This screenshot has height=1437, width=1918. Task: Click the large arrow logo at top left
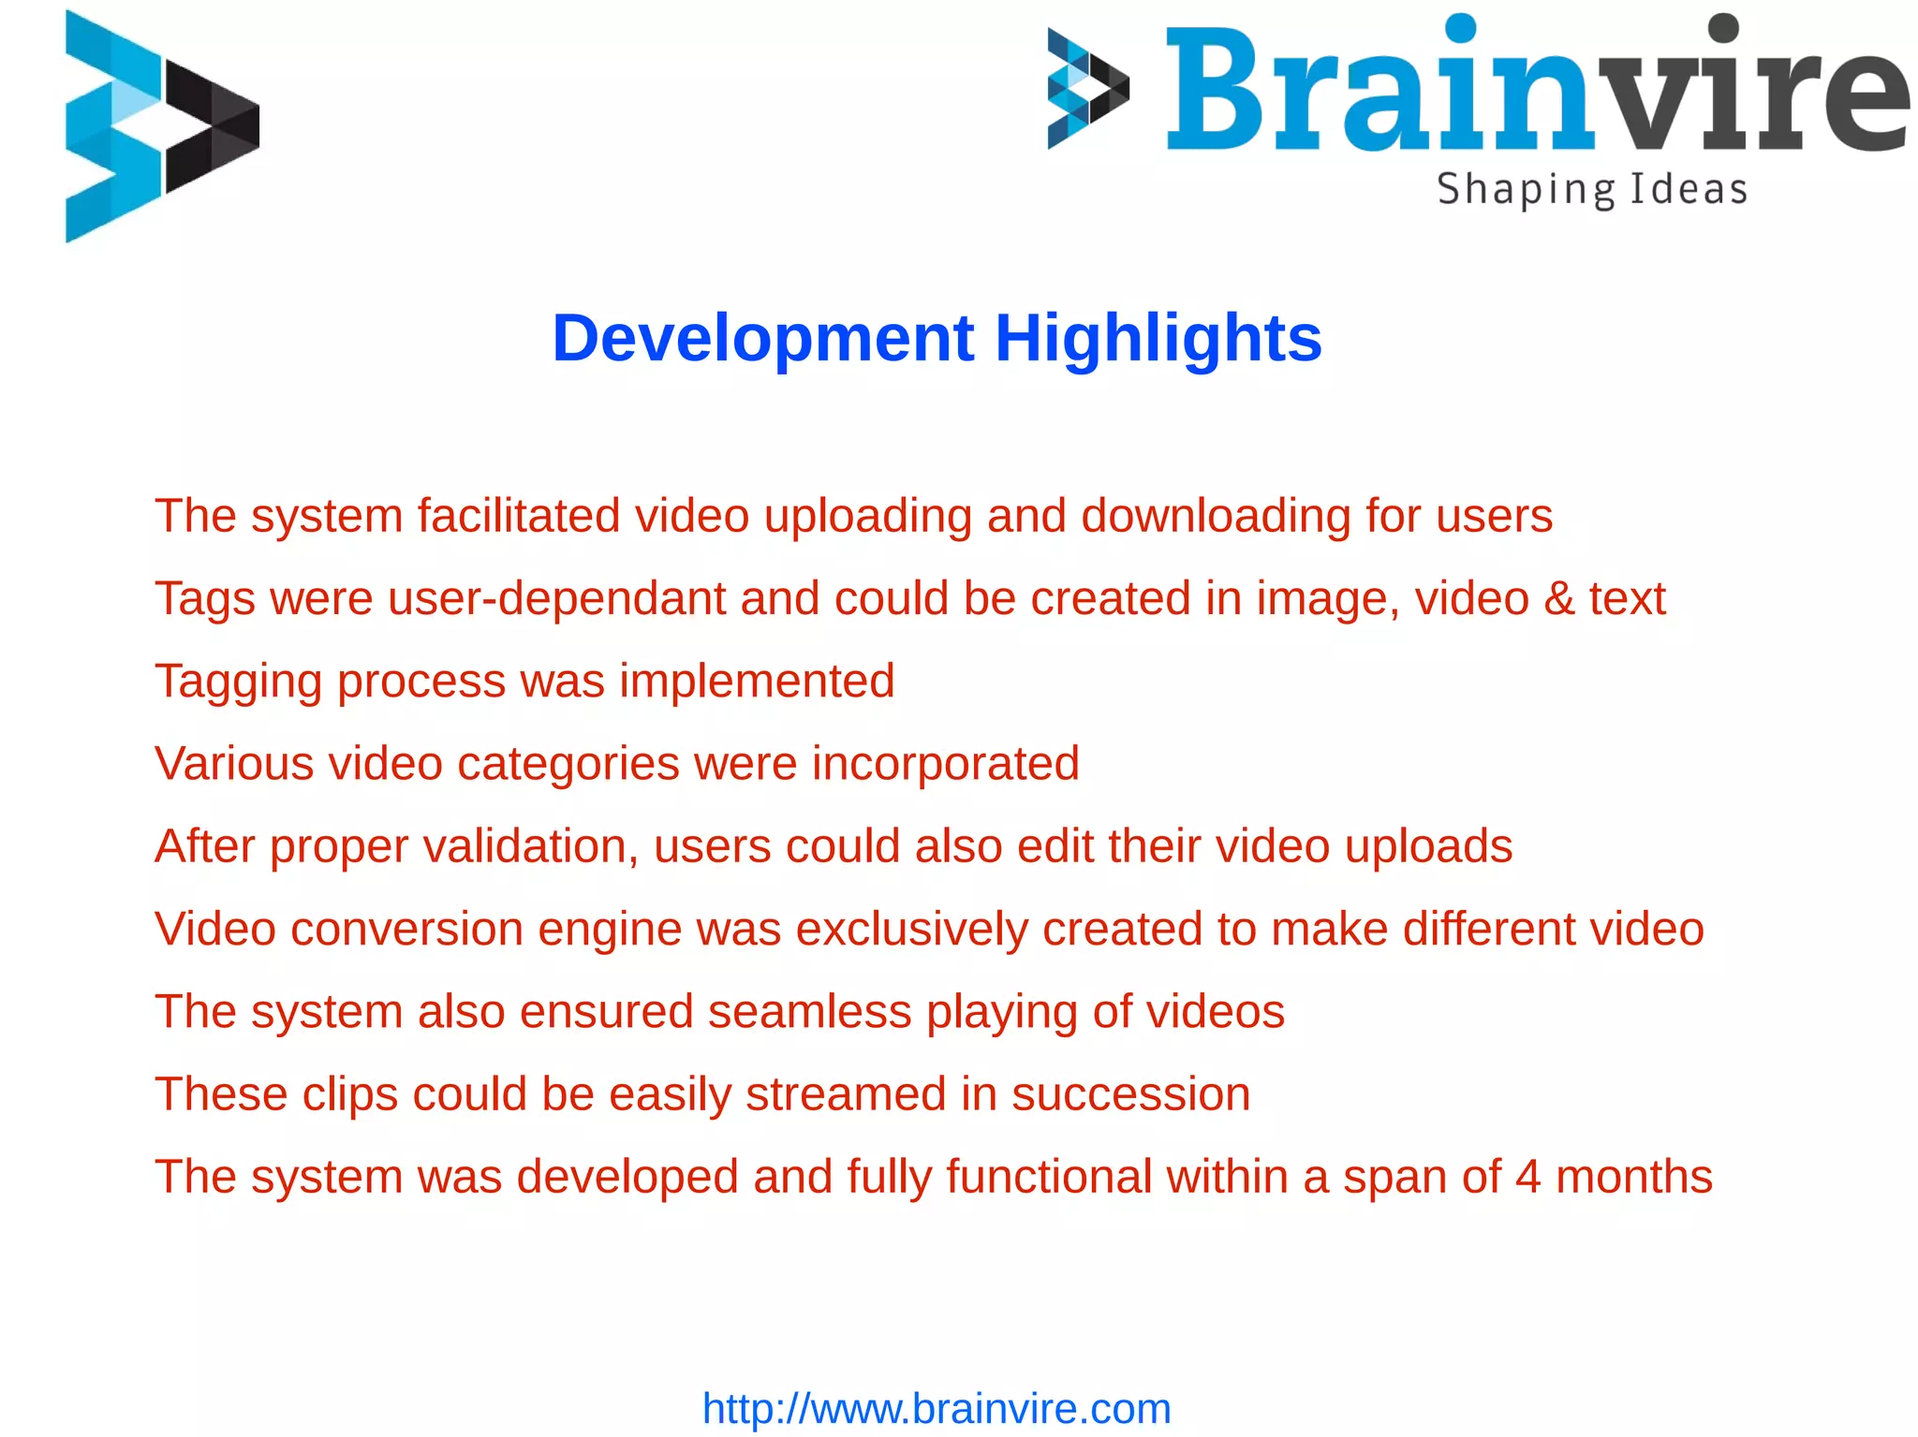click(161, 126)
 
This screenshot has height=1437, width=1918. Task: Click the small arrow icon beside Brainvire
click(1087, 89)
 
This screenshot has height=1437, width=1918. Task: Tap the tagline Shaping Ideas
click(1592, 190)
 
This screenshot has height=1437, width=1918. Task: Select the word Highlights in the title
click(1158, 338)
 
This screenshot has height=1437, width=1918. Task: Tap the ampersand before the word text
click(1558, 599)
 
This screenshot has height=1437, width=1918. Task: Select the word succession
click(1130, 1094)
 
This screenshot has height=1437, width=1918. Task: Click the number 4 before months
click(1527, 1177)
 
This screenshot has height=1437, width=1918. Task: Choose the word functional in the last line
click(1049, 1177)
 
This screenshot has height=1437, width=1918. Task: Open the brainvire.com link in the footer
click(937, 1409)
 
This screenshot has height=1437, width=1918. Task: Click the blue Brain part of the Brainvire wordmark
click(1377, 94)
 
